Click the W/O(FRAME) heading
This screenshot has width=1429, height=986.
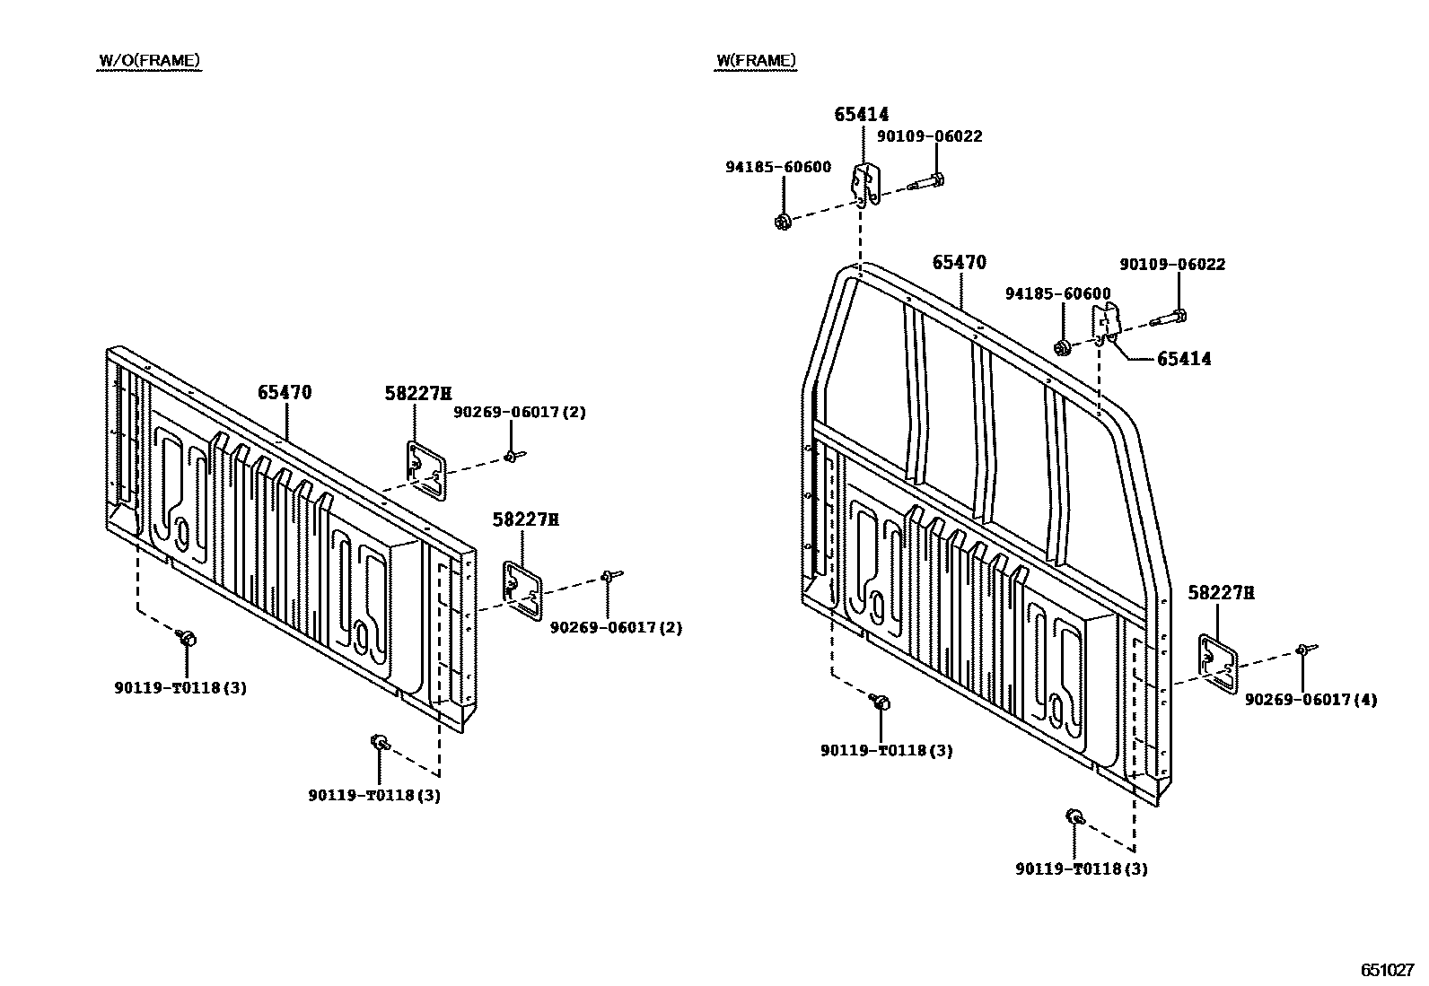point(149,61)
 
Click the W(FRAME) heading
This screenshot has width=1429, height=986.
point(755,61)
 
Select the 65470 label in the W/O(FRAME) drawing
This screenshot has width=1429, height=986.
point(285,392)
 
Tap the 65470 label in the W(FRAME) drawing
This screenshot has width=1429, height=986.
point(959,262)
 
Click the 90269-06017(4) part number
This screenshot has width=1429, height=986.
point(1311,700)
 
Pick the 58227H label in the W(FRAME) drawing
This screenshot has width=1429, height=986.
point(1221,592)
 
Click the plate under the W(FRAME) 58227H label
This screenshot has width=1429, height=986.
point(1219,662)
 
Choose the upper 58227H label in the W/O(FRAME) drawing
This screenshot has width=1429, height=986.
point(417,393)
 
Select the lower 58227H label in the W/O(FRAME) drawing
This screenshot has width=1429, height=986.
point(525,519)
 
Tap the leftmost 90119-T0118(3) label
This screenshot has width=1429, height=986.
point(180,688)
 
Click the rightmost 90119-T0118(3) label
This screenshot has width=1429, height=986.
point(1082,868)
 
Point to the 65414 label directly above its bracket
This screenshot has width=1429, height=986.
point(861,114)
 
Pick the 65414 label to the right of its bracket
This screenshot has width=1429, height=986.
point(1183,359)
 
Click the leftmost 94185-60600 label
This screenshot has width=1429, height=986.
point(778,167)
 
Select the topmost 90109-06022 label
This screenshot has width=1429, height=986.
point(929,136)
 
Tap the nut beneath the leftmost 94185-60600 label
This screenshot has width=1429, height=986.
point(782,221)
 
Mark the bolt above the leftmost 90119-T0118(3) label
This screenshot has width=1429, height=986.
point(188,638)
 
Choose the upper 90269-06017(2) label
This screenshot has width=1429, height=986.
point(519,412)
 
